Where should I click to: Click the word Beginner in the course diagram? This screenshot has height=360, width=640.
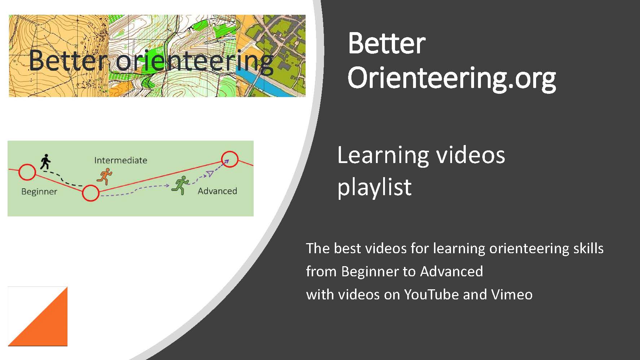tap(39, 192)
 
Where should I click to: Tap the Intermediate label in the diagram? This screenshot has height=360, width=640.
tap(120, 160)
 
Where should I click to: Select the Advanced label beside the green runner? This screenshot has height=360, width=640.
tap(217, 191)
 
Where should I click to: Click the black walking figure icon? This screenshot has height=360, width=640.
tap(45, 162)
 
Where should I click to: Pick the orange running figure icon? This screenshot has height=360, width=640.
tap(105, 176)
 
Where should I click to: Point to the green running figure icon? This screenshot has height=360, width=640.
tap(180, 185)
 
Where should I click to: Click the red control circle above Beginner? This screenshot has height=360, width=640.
tap(27, 172)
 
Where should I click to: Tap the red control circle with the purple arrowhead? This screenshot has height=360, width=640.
tap(230, 159)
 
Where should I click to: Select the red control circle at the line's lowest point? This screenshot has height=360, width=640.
tap(91, 193)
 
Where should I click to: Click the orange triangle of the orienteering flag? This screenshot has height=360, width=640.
tap(47, 325)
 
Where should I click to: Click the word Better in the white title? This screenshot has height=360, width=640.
tap(386, 44)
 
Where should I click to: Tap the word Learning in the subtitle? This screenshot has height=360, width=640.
tap(383, 155)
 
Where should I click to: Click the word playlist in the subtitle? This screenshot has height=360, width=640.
tap(374, 188)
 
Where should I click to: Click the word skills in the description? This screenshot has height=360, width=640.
tap(588, 248)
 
